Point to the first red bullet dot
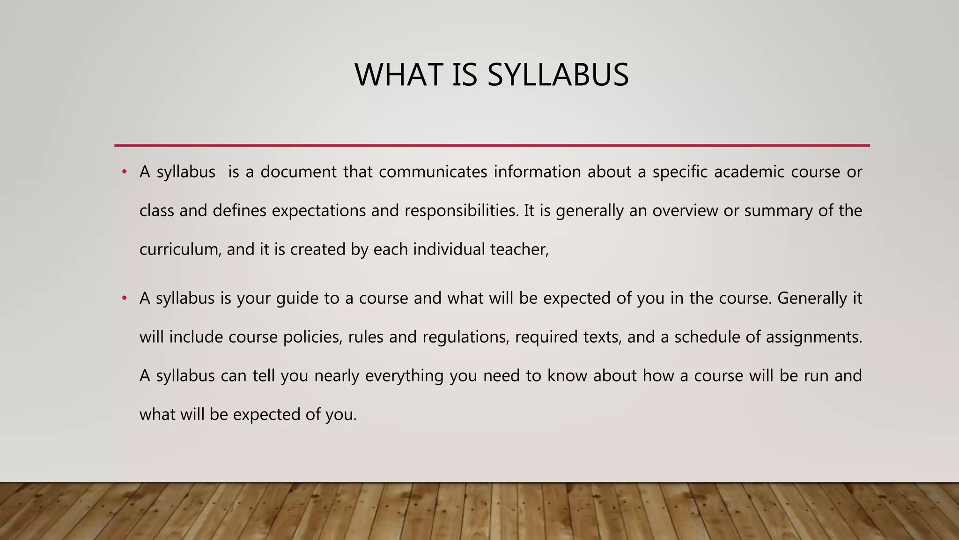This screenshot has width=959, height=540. point(124,172)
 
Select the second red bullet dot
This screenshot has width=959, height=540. point(124,298)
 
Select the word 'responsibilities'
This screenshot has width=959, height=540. point(462,211)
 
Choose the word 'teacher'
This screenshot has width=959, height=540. point(519,249)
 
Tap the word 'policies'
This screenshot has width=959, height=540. point(313,337)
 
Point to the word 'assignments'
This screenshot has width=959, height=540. point(813,337)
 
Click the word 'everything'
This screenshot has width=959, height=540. point(404,376)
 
